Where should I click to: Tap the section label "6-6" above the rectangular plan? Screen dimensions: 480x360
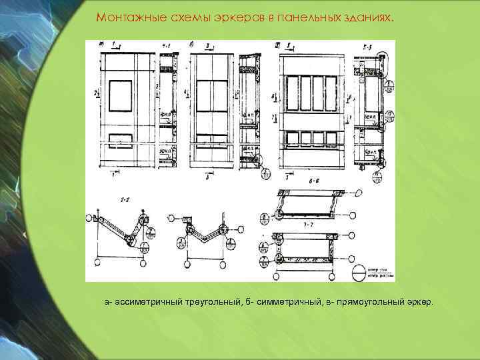tap(311, 181)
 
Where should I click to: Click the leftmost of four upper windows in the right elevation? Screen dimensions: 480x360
tap(289, 92)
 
